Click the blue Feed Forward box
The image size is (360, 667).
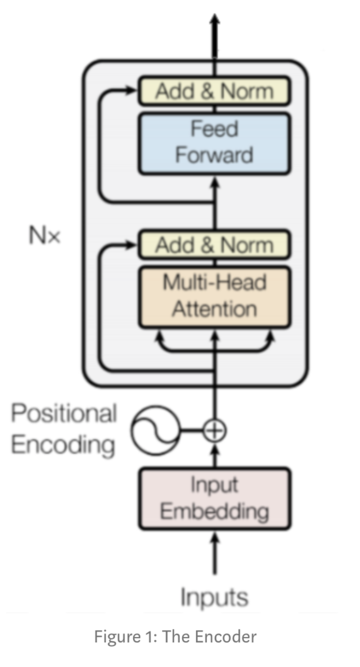[x=214, y=143]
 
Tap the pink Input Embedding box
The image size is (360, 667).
[x=214, y=499]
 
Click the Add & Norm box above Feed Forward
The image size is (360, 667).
[x=214, y=91]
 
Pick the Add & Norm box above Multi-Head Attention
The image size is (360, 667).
[x=214, y=245]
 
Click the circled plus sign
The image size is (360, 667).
[x=214, y=429]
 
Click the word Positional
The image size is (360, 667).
[x=64, y=414]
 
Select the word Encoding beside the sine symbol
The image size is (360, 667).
[x=63, y=445]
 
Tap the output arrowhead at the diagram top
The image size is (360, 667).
[x=215, y=20]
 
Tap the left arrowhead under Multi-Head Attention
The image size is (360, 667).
[x=158, y=335]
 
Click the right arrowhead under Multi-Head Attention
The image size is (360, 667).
[x=270, y=335]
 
